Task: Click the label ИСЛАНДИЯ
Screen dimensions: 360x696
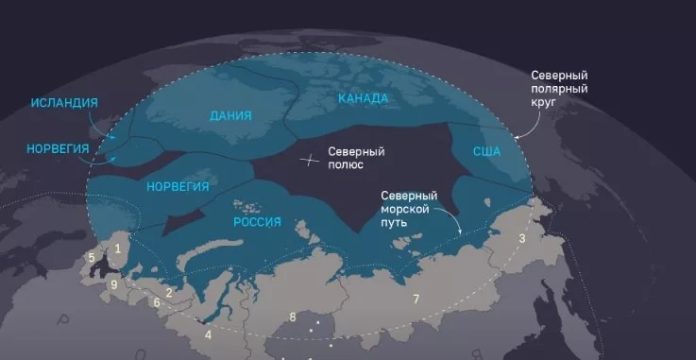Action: coord(64,102)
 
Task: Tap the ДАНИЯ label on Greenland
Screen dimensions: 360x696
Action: coord(231,116)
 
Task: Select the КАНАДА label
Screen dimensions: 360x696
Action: coord(363,97)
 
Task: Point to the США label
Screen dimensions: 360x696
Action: coord(486,151)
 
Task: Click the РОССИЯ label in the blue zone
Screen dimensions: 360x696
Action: coord(257,221)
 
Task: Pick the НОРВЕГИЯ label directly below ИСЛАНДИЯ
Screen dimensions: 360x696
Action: coord(59,149)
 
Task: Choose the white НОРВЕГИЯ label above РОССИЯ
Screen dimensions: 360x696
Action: coord(178,186)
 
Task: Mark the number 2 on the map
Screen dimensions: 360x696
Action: coord(168,293)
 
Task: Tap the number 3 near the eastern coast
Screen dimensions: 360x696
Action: coord(521,239)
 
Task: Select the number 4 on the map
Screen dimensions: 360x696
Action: coord(208,334)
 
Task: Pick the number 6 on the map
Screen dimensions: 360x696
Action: coord(156,302)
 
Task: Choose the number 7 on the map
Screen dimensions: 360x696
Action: coord(415,300)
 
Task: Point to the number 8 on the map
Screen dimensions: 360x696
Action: coord(293,317)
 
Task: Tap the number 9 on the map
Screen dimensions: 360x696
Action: coord(113,283)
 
